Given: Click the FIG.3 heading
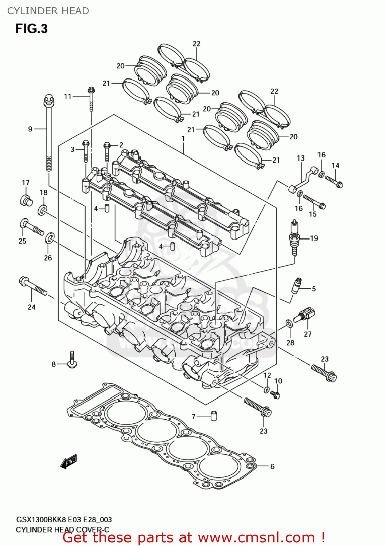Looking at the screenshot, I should click(x=31, y=29).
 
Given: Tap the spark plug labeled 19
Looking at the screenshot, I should click(x=294, y=238).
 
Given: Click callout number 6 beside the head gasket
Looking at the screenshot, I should click(x=272, y=466).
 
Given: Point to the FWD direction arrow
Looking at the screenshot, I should click(x=69, y=461).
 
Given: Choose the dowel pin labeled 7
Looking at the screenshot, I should click(x=214, y=415).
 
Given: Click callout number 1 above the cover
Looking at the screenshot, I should click(x=183, y=139).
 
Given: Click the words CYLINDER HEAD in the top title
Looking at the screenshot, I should click(x=48, y=11).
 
